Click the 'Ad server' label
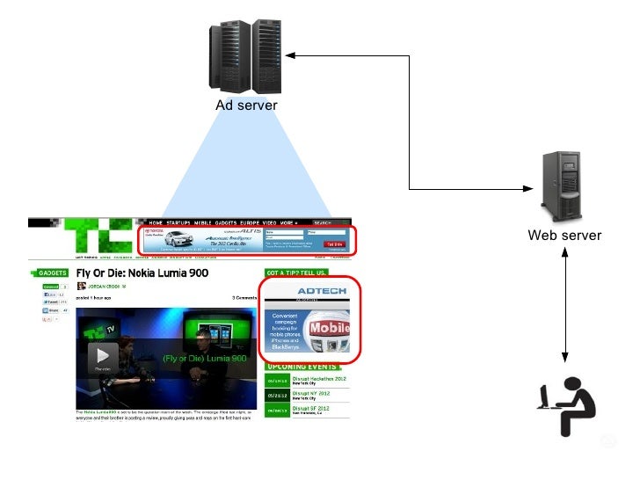click(x=246, y=106)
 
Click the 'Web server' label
click(x=564, y=235)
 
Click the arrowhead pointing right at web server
click(x=528, y=188)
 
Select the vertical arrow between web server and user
click(x=565, y=303)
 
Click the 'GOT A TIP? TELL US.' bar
click(x=297, y=273)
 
